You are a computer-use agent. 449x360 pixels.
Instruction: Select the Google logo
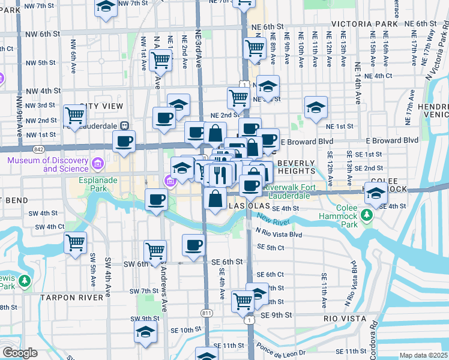(20, 353)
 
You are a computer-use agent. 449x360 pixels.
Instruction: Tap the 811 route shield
(207, 313)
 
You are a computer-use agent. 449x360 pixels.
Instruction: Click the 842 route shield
(38, 148)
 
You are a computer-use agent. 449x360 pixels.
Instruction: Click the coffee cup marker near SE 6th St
(193, 245)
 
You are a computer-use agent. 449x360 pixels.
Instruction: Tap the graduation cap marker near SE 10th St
(145, 331)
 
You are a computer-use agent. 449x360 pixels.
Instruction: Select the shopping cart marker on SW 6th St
(155, 250)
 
